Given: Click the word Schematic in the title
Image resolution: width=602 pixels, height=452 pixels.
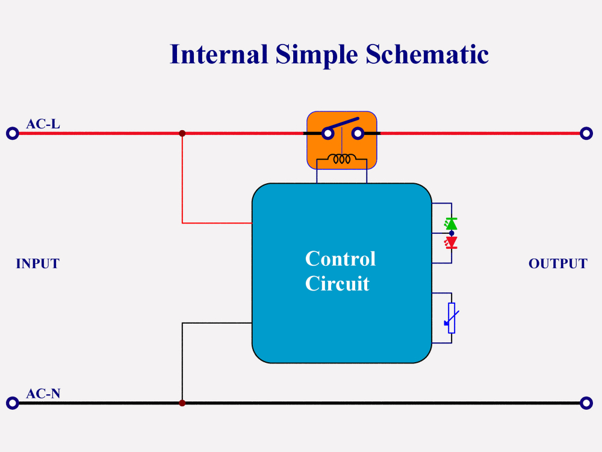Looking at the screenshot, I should (x=427, y=54).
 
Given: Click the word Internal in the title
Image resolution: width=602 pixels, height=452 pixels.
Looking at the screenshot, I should (x=219, y=54).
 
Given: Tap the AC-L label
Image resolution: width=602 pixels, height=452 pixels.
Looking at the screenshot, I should (x=43, y=124).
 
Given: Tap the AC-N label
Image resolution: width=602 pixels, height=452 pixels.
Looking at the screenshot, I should (x=43, y=394).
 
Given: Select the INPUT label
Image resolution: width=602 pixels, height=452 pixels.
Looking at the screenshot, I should (x=37, y=264).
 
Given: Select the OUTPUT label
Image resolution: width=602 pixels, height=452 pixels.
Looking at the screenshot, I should (x=557, y=264).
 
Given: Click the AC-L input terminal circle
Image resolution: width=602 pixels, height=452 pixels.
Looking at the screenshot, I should (x=12, y=133).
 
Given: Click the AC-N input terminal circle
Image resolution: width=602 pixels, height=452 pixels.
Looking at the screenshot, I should (x=12, y=403).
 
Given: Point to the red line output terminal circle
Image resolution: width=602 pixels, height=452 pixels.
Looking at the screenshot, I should (x=586, y=133).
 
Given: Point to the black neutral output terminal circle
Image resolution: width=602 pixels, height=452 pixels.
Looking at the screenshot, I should (x=586, y=403).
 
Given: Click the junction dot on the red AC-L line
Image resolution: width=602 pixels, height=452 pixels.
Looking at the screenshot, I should (x=182, y=133).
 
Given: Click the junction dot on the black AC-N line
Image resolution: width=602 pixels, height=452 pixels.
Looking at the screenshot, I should (x=182, y=403).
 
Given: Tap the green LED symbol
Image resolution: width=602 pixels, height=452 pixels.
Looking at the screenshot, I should (x=451, y=224).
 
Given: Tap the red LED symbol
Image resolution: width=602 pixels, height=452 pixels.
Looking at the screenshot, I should (x=451, y=242).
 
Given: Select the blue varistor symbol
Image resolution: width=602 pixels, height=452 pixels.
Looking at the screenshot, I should (x=451, y=318).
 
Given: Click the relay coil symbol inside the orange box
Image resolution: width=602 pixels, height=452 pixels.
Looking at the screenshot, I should (x=342, y=160).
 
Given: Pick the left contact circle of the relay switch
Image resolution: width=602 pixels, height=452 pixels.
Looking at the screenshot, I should (x=327, y=133).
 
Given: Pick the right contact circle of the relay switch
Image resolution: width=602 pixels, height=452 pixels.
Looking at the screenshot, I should (x=357, y=133).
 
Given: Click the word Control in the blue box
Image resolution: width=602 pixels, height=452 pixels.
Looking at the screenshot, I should (x=340, y=259).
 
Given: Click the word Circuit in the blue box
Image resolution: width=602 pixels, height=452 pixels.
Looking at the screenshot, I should (x=337, y=283).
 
